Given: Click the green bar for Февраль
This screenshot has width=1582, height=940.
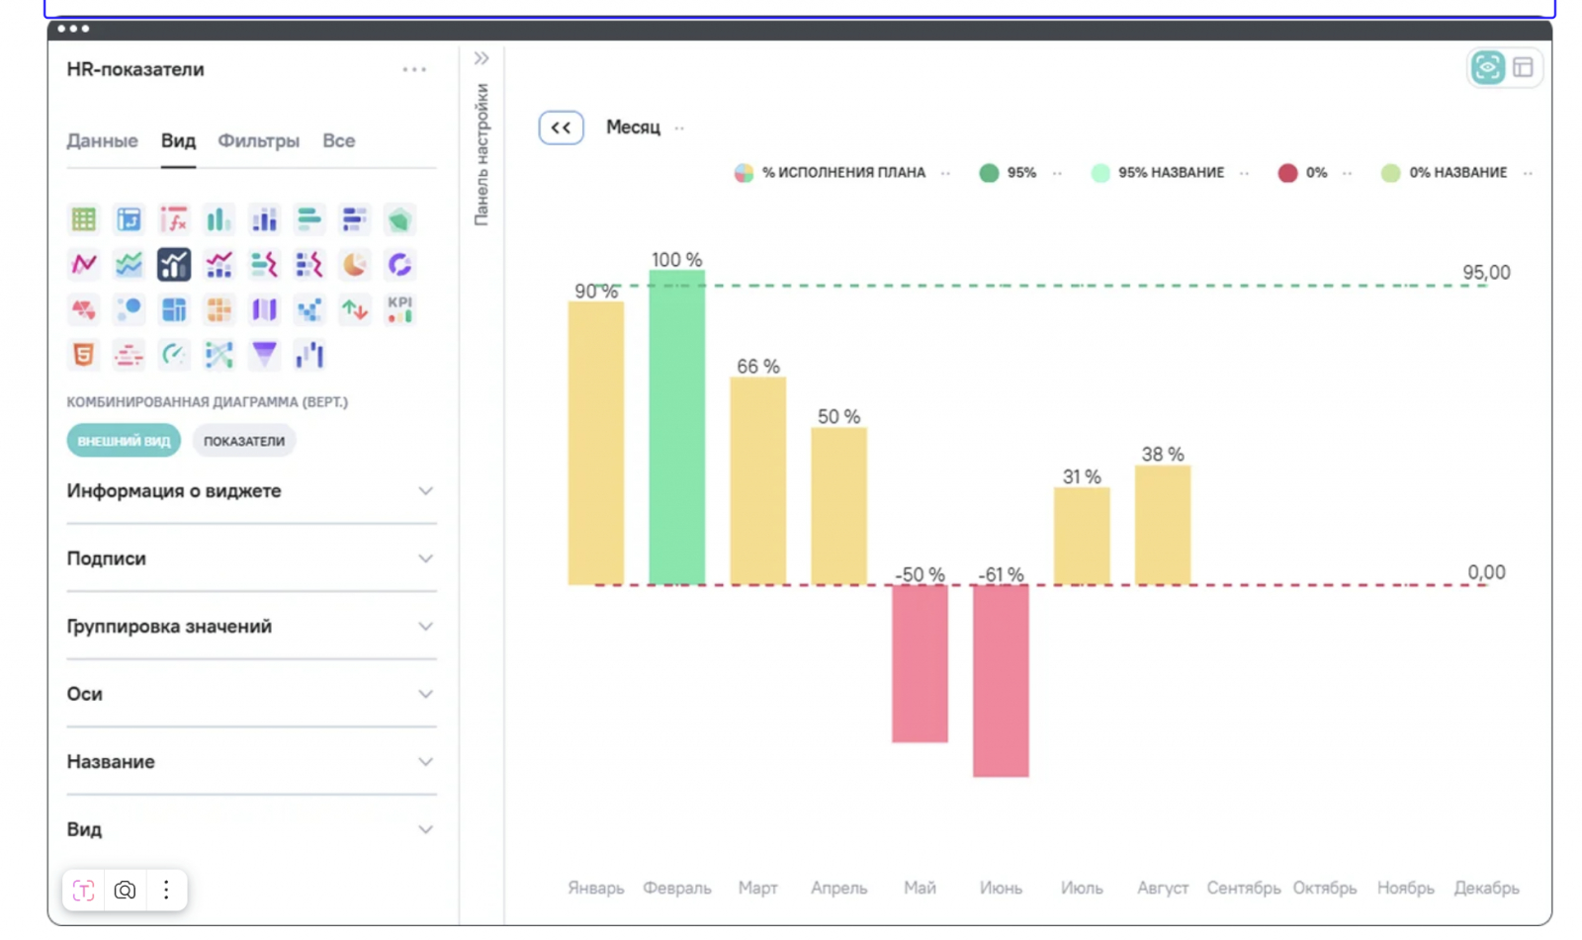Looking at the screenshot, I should (676, 427).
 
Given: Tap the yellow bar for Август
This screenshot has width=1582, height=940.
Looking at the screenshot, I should (1162, 525).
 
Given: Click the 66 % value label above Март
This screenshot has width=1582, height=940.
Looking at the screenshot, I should (757, 367).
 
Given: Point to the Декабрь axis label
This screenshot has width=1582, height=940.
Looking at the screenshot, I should (1485, 888).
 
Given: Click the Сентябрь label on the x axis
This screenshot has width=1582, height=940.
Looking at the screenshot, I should (1243, 888).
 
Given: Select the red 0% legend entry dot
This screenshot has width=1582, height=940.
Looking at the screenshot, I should (1287, 173).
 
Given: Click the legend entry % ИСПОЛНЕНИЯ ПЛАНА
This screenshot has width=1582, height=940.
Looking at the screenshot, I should (842, 173).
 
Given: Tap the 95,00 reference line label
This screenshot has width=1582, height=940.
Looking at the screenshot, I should (1486, 273).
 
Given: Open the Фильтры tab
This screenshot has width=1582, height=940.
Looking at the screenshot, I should (258, 141).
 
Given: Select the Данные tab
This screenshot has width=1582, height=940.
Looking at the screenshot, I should (102, 141).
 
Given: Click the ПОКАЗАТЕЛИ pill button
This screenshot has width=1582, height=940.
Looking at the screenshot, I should (244, 441).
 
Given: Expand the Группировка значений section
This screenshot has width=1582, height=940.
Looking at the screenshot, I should (250, 627).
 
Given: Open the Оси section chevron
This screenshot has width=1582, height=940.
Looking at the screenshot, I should (425, 694).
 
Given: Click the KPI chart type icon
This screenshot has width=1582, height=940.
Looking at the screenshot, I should (399, 309).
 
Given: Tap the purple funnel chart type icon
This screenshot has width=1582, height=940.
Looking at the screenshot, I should (264, 354).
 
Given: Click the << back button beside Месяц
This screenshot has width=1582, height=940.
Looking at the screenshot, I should (561, 128).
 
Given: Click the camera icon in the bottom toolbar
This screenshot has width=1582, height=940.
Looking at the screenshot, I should (125, 890).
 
